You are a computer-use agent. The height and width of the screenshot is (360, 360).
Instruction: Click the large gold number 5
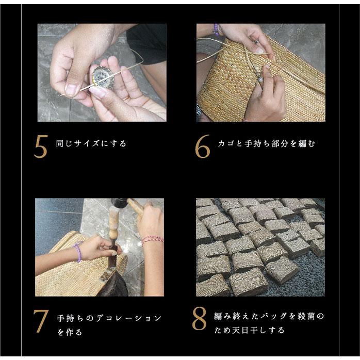pos(41,148)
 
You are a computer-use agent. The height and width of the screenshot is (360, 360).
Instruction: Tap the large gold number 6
pos(202,148)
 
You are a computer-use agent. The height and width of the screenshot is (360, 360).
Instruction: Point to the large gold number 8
pos(200,320)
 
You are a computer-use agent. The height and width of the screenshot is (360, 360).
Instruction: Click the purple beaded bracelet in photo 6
pos(216,29)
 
